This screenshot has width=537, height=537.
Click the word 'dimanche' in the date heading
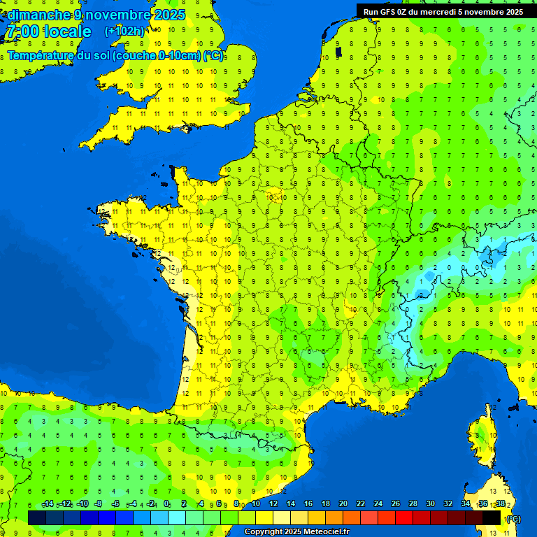[39, 15]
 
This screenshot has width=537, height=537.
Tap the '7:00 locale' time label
[48, 31]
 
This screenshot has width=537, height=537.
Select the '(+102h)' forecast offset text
[124, 31]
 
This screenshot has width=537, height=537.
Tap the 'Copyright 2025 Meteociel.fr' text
[297, 532]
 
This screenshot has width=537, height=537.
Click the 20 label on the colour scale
[343, 504]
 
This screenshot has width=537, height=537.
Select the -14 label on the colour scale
[48, 504]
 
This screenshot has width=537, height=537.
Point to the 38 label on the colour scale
[500, 504]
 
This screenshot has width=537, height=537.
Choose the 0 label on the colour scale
[166, 504]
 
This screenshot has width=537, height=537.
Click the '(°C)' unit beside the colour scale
[513, 518]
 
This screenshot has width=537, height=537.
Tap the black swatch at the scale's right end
[492, 517]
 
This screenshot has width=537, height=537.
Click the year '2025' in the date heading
[169, 15]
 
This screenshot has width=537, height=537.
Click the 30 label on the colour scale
[430, 504]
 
